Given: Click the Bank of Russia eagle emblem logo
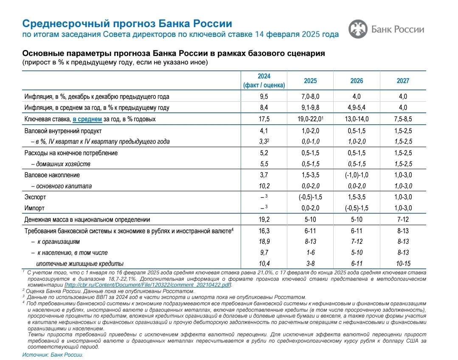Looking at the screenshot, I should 358,29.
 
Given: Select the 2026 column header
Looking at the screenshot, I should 357,81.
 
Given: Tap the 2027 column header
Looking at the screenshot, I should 403,81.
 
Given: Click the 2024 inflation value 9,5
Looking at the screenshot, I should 264,96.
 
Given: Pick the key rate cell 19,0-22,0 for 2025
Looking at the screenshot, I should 310,119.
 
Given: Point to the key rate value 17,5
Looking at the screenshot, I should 264,119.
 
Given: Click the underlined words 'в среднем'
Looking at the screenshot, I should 87,119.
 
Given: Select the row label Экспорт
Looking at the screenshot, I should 35,197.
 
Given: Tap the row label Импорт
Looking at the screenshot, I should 34,208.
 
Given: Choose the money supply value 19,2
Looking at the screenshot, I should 264,220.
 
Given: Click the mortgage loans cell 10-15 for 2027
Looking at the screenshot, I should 403,263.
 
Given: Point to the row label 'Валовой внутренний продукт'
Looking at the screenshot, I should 63,131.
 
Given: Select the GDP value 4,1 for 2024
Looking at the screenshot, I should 264,131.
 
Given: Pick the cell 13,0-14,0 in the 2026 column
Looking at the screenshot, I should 357,119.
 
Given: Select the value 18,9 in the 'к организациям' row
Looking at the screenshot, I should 264,241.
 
